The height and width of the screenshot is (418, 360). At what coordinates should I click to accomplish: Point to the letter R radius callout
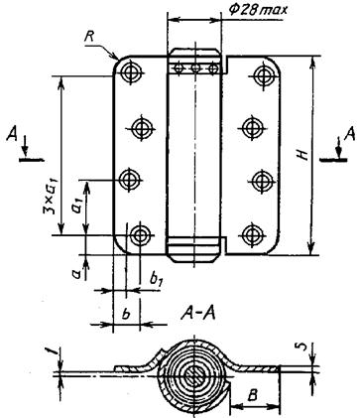[x=88, y=37]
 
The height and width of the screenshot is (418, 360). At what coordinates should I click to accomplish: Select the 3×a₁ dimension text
[x=52, y=196]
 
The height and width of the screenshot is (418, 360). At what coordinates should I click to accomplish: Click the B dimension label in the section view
[x=253, y=395]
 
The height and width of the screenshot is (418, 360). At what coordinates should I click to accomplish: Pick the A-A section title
[x=197, y=313]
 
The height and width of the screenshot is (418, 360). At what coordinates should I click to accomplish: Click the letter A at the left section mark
[x=12, y=135]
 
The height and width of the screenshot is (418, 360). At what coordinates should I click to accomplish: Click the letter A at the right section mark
[x=350, y=134]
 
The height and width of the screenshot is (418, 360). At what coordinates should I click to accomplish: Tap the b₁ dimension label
[x=157, y=280]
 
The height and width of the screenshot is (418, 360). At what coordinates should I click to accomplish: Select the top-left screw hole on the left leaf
[x=131, y=71]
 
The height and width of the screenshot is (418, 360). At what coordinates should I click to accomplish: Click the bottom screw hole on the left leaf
[x=140, y=235]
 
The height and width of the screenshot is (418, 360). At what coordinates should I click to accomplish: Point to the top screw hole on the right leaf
[x=264, y=75]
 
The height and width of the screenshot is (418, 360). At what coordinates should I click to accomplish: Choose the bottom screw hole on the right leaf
[x=253, y=235]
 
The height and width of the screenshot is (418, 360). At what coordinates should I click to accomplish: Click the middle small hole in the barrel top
[x=195, y=69]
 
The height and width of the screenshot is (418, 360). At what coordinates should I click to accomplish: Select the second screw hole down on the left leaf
[x=142, y=127]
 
